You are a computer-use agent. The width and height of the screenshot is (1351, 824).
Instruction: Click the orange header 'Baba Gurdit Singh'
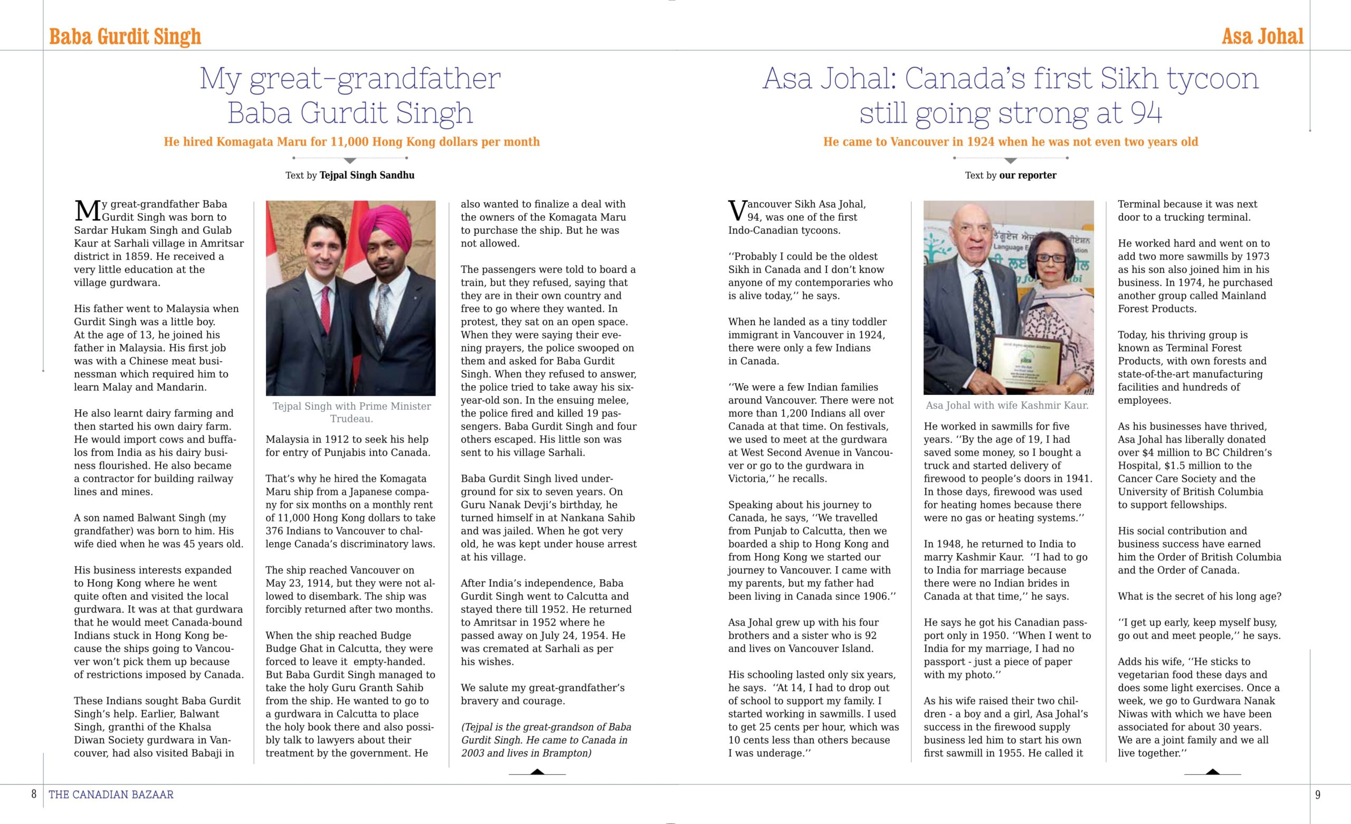tap(125, 37)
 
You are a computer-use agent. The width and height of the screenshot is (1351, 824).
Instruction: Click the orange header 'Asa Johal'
tap(1262, 37)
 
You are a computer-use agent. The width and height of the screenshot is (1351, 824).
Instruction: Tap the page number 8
tap(34, 794)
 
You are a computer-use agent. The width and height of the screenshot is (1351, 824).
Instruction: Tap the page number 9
tap(1318, 794)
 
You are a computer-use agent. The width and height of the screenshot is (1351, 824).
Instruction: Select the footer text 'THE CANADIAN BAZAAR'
tap(111, 794)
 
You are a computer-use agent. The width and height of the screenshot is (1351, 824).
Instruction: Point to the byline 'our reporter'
tap(1027, 175)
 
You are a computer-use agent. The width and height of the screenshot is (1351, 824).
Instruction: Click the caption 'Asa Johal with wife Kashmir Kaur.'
tap(1007, 405)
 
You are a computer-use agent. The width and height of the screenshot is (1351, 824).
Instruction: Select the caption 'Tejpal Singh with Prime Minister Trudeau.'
tap(351, 412)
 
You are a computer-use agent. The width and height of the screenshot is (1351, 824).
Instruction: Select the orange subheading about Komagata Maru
tap(351, 141)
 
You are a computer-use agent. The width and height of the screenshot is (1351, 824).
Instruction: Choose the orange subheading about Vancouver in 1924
tap(1011, 141)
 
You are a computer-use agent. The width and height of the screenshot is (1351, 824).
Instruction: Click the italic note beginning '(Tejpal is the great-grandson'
tap(546, 740)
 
